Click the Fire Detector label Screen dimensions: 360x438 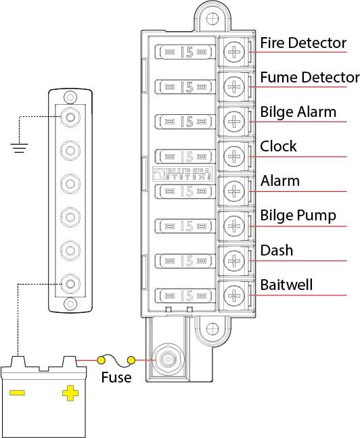tap(303, 43)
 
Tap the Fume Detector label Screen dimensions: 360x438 tap(310, 77)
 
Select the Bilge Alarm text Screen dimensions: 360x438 tap(298, 113)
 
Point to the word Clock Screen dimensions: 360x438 tap(278, 146)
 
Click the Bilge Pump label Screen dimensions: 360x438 tap(298, 216)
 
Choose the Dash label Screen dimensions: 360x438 tap(277, 250)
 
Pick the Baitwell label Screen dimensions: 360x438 tap(286, 285)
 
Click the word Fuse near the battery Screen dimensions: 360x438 tap(116, 377)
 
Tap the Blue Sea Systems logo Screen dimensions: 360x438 tap(183, 174)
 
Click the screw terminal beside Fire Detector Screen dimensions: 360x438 tap(234, 52)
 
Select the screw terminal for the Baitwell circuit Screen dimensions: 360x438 tap(234, 295)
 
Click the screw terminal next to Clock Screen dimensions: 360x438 tap(234, 156)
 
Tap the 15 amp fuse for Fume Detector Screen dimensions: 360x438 tap(185, 87)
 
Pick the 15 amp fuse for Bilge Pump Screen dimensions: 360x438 tap(185, 226)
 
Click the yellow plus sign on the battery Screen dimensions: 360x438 tap(70, 393)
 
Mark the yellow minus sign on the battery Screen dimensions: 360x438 tap(17, 393)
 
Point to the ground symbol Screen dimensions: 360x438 tap(20, 148)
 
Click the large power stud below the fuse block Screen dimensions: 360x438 tap(168, 360)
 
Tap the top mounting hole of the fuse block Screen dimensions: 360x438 tap(212, 19)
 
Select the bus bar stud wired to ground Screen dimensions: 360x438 tap(70, 117)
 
